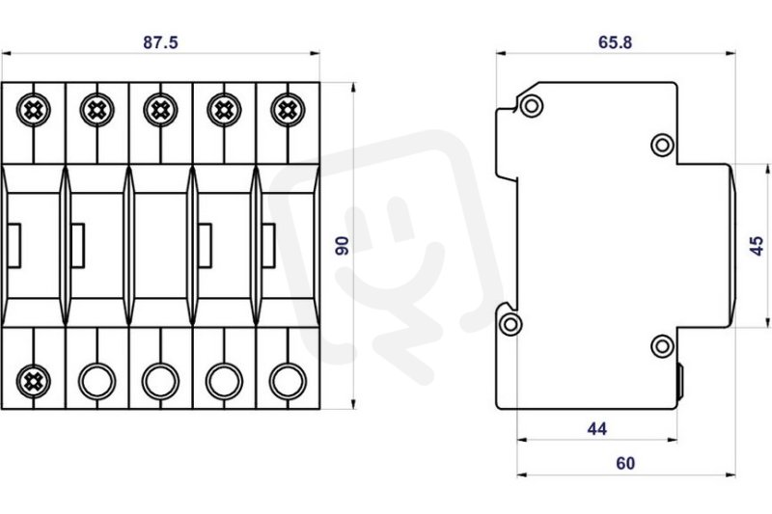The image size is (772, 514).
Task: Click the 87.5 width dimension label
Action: coord(160,42)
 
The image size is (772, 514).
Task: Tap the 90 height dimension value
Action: coord(341,245)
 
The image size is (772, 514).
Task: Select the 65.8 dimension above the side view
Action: coord(615,42)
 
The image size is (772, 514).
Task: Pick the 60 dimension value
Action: coord(624,464)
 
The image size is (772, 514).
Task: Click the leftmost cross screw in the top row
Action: coord(33,109)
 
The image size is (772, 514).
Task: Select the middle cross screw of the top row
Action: coord(159,109)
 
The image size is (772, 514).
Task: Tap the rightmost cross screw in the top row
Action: coord(286,109)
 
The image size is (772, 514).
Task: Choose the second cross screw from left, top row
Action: coord(96,109)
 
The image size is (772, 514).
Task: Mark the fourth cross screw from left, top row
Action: coord(223,109)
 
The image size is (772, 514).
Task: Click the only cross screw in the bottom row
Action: coord(33,378)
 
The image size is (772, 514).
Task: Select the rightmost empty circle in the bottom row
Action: coord(286,378)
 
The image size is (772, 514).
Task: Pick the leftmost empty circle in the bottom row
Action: coord(96,378)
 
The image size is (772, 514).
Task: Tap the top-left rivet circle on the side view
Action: coord(531,106)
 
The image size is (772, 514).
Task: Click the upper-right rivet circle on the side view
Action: coord(662,145)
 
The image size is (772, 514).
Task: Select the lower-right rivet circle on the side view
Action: coord(662,346)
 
